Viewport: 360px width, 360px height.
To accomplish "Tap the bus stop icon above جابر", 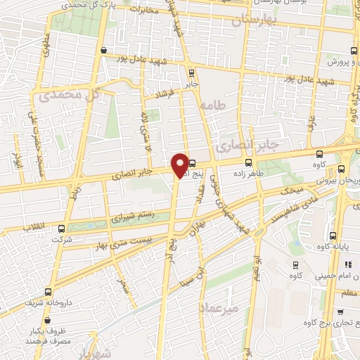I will point(192,71).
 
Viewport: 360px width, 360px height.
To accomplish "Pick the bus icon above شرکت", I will point(63,229).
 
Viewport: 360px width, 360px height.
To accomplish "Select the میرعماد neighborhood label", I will point(224,308).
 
